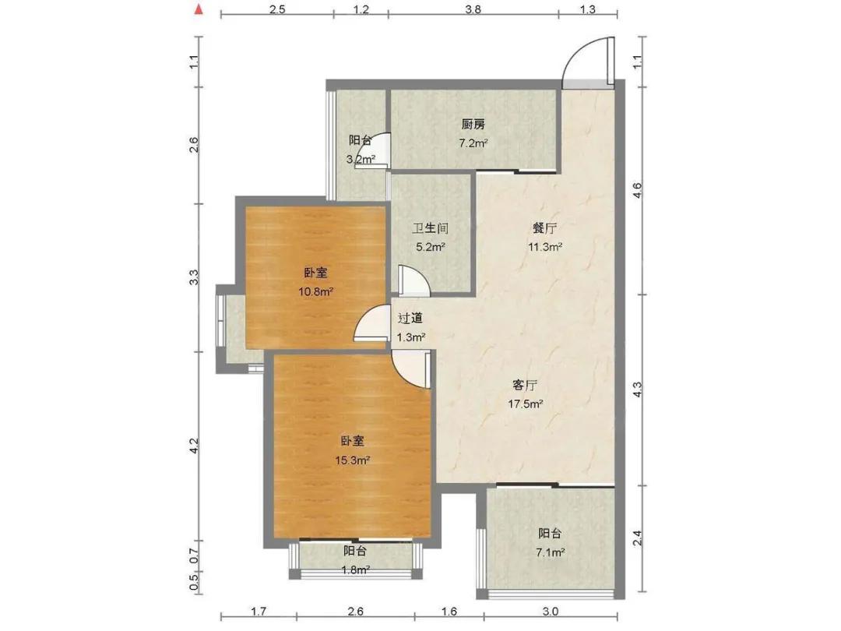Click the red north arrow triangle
(x=199, y=9)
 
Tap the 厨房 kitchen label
(x=473, y=125)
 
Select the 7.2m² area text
(x=473, y=143)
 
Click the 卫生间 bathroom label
(x=430, y=228)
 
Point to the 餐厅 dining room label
(x=544, y=228)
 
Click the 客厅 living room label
(x=525, y=386)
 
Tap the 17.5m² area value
(x=526, y=404)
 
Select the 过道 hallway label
(x=410, y=319)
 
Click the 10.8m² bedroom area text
(x=316, y=292)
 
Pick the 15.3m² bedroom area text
(x=353, y=460)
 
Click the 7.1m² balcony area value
(x=550, y=552)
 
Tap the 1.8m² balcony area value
(x=354, y=569)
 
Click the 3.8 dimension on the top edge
(x=473, y=9)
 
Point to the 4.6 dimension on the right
(x=638, y=191)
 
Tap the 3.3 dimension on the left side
(x=194, y=277)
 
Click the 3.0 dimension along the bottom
(x=551, y=612)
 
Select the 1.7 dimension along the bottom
(x=259, y=612)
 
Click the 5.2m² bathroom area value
(x=430, y=247)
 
